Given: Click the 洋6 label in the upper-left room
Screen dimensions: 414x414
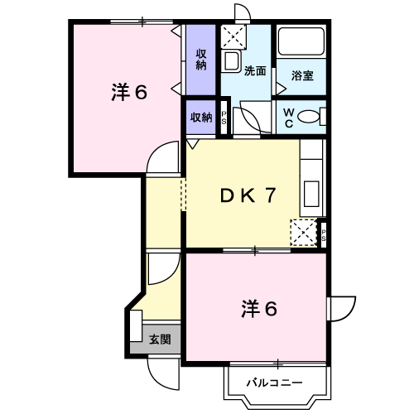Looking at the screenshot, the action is pyautogui.click(x=129, y=93).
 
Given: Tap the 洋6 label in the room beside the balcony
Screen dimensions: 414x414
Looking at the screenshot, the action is pyautogui.click(x=259, y=309).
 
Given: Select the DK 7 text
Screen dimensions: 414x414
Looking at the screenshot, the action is pyautogui.click(x=248, y=195).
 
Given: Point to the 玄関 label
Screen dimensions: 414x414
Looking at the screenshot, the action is pyautogui.click(x=160, y=339).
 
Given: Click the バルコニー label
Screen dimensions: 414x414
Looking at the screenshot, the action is pyautogui.click(x=274, y=383).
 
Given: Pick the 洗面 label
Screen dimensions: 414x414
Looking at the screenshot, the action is pyautogui.click(x=255, y=71).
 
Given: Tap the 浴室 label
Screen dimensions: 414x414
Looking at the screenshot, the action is pyautogui.click(x=302, y=75).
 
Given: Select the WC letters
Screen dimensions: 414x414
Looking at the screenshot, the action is pyautogui.click(x=289, y=118).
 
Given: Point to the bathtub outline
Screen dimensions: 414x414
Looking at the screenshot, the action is pyautogui.click(x=301, y=41).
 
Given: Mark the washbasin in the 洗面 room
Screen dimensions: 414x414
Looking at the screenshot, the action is pyautogui.click(x=231, y=61).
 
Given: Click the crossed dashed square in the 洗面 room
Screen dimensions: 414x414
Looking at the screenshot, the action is pyautogui.click(x=233, y=37).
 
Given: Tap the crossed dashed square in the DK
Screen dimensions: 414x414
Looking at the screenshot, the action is pyautogui.click(x=303, y=233).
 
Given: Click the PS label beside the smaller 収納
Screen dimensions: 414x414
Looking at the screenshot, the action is pyautogui.click(x=224, y=118).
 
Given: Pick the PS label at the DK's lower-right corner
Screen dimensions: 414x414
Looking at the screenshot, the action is pyautogui.click(x=323, y=235).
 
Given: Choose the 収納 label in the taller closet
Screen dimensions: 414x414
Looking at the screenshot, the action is pyautogui.click(x=201, y=60).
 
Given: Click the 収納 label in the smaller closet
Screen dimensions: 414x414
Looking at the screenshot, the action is pyautogui.click(x=201, y=118).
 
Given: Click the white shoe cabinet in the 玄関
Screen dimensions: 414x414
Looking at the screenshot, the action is pyautogui.click(x=136, y=325).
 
